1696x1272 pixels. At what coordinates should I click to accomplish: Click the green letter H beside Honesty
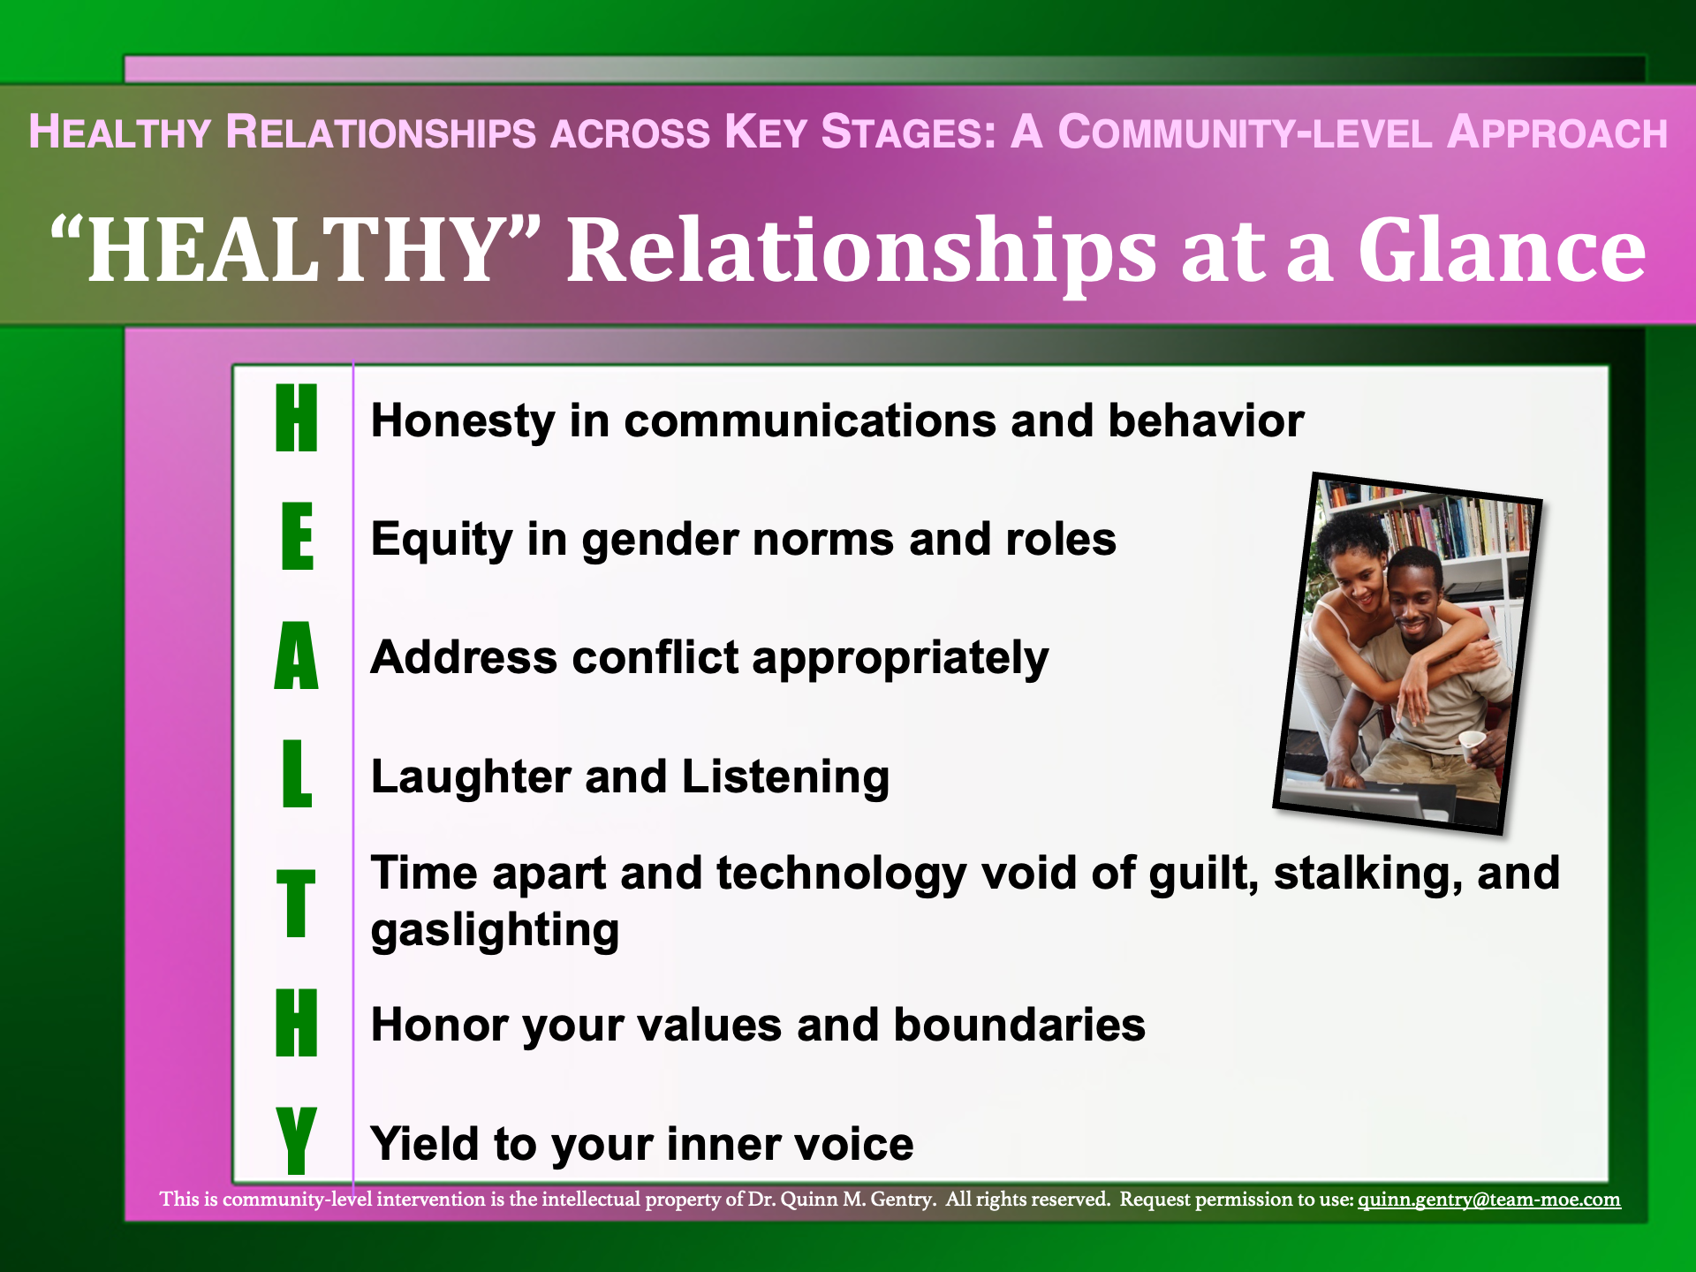296,418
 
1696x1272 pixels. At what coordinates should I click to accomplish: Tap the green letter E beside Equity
298,536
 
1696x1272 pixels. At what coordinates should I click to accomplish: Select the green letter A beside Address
296,655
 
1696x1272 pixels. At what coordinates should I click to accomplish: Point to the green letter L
297,774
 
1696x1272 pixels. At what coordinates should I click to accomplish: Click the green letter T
296,903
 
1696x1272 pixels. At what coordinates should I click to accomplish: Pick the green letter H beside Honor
296,1023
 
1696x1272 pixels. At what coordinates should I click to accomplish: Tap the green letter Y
296,1141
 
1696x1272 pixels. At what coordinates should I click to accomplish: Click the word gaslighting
495,931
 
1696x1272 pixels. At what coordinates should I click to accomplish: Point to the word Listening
785,777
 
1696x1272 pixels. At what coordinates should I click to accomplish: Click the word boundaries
1019,1025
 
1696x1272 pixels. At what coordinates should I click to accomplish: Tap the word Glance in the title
1502,251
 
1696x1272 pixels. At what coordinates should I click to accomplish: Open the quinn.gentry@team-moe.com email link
1489,1200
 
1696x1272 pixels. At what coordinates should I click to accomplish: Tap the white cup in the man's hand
1471,745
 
